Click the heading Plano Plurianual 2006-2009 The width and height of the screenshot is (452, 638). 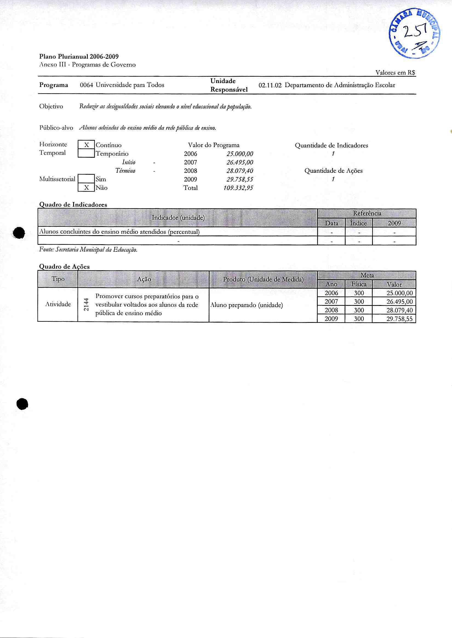(79, 57)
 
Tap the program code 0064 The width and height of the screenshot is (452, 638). (86, 85)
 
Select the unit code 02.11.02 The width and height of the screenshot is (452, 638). (270, 85)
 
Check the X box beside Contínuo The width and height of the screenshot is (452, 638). (86, 145)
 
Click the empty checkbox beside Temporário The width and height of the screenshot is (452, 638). (86, 153)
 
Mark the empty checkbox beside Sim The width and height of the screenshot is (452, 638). (86, 179)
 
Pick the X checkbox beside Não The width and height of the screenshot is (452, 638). (86, 188)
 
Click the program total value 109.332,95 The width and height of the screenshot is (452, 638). (238, 188)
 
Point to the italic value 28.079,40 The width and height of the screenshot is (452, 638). (240, 171)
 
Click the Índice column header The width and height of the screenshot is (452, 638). (359, 223)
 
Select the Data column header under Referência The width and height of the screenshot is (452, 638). (331, 223)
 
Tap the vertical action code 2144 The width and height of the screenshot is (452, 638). (87, 305)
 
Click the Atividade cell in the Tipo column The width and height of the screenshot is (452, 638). (58, 304)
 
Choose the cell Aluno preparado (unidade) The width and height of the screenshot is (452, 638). (247, 305)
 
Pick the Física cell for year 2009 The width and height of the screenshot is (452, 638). (359, 319)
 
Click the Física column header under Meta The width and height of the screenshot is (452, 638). (359, 284)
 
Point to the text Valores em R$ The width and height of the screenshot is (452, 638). (395, 73)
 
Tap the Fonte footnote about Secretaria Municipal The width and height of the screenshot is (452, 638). (88, 250)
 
